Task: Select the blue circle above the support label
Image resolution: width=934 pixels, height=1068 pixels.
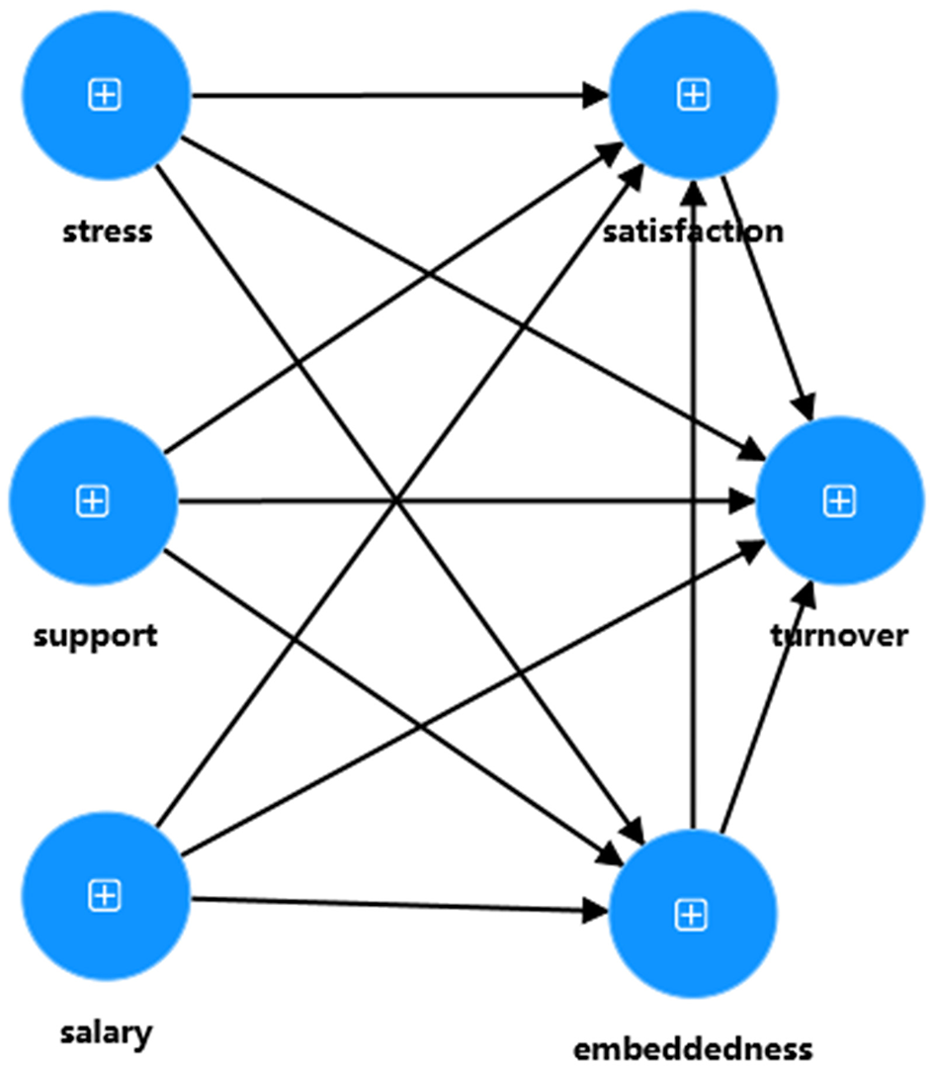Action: [93, 501]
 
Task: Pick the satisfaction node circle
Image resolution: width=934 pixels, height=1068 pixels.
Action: [694, 95]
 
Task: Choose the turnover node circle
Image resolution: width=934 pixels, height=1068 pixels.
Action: [839, 501]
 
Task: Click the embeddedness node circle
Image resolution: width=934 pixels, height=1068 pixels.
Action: [692, 915]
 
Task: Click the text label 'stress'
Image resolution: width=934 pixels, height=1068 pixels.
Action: [108, 232]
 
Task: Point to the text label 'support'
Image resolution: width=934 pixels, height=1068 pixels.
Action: [95, 635]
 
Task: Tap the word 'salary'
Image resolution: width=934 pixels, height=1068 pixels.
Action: [106, 1033]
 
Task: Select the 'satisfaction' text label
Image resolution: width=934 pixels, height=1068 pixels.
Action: [693, 232]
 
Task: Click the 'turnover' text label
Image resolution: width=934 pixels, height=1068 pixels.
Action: [839, 635]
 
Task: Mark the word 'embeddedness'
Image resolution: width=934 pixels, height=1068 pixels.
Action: [693, 1048]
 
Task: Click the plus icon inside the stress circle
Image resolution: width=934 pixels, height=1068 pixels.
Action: [104, 95]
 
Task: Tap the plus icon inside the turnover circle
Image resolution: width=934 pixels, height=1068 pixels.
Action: [839, 502]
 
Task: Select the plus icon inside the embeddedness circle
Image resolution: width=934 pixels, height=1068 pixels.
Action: [691, 916]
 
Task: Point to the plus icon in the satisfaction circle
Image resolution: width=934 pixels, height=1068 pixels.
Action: [694, 95]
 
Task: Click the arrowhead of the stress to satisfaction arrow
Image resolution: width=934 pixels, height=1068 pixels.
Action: [596, 96]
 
